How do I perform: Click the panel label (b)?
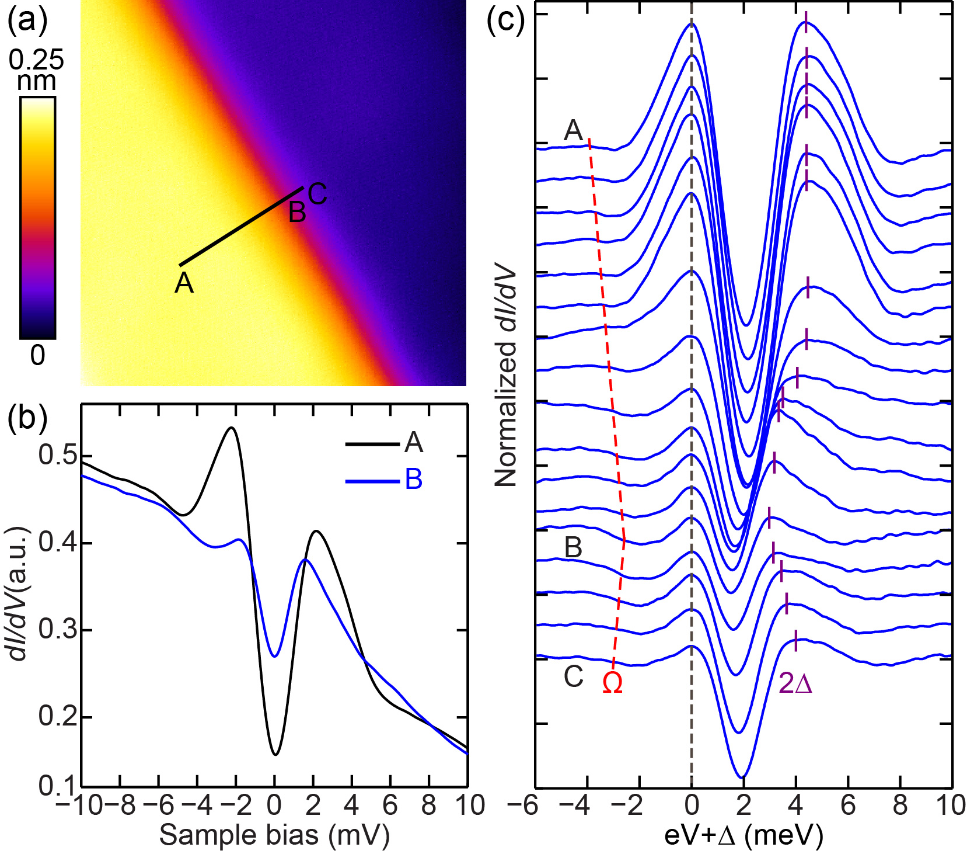coord(26,419)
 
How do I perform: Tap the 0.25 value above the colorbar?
coord(36,60)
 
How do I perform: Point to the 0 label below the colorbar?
coord(37,355)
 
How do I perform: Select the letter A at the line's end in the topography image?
coord(184,283)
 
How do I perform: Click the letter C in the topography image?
coord(317,194)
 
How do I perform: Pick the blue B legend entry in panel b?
coord(413,480)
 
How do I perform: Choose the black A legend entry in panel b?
coord(413,443)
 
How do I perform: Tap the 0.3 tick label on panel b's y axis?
coord(57,630)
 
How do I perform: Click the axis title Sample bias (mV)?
coord(274,835)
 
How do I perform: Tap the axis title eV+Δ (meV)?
coord(743,835)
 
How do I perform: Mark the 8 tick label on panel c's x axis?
coord(900,806)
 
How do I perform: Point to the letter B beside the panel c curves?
coord(573,548)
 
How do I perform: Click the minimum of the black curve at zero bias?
coord(275,754)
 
